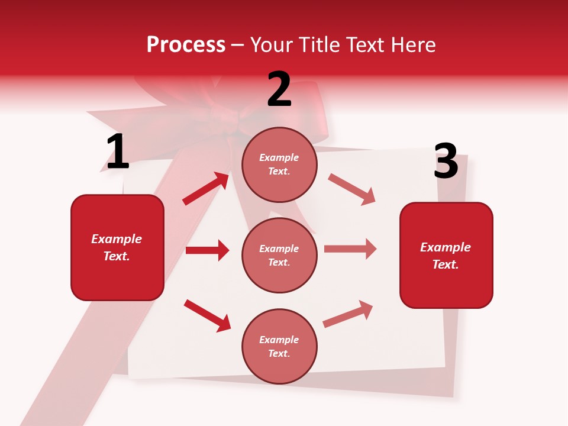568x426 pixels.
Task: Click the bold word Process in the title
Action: tap(186, 45)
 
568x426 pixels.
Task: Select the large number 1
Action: tap(117, 152)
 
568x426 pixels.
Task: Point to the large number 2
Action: tap(279, 89)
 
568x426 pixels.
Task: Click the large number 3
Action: tap(446, 161)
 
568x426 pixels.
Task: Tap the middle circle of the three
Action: tap(279, 255)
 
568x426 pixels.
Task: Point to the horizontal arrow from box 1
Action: tap(207, 250)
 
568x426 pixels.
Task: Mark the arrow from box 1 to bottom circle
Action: tap(207, 315)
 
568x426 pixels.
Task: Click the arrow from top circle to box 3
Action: tap(351, 189)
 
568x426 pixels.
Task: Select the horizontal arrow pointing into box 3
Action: tap(350, 249)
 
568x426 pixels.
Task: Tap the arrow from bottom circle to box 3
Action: tap(348, 314)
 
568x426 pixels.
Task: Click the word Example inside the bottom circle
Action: tap(279, 340)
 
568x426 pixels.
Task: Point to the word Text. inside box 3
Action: tap(446, 264)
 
